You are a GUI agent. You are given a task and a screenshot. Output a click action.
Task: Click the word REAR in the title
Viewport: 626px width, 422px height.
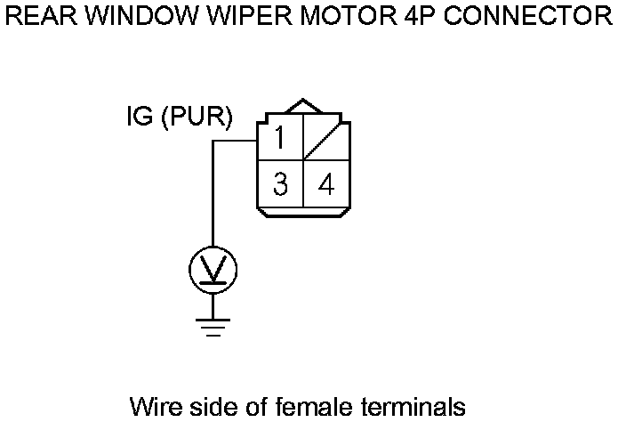pyautogui.click(x=33, y=17)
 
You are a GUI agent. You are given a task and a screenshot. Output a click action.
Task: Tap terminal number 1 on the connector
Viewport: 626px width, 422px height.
pyautogui.click(x=280, y=139)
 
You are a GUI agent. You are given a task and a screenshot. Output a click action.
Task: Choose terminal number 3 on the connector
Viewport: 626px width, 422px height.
pyautogui.click(x=280, y=185)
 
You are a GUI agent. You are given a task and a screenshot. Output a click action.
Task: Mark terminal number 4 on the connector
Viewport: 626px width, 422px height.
pyautogui.click(x=326, y=185)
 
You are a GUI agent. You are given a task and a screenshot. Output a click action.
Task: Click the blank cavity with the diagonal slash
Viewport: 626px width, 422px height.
pyautogui.click(x=325, y=139)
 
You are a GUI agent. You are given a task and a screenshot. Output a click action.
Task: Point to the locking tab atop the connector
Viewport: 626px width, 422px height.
pyautogui.click(x=303, y=107)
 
